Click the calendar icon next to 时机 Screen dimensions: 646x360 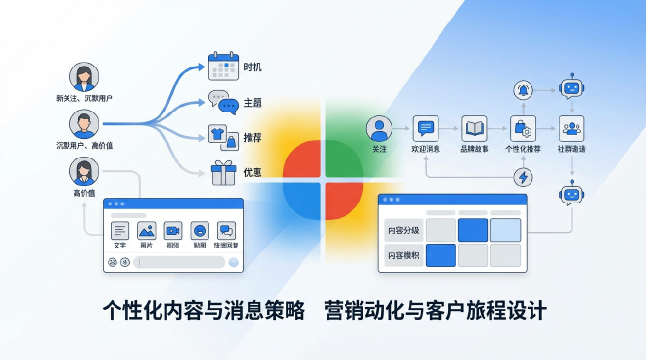(x=224, y=67)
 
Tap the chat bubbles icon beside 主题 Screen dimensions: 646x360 (x=224, y=103)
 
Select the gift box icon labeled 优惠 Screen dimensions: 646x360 (x=224, y=172)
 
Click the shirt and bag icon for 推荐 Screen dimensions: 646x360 (x=224, y=137)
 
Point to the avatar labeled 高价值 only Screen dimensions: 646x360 (x=83, y=172)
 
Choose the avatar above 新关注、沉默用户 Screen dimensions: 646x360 (x=84, y=77)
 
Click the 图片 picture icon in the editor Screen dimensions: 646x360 (x=147, y=231)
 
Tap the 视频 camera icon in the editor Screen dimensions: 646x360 (x=173, y=231)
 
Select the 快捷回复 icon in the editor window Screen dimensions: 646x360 (x=226, y=231)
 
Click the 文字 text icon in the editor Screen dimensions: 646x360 (x=120, y=231)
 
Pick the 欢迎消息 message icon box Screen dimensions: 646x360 (x=425, y=128)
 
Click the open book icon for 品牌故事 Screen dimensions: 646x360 (x=475, y=128)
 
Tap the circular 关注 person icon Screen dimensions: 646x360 (x=379, y=128)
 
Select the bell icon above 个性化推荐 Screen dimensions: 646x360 (x=523, y=91)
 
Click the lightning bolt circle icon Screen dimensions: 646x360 (x=523, y=177)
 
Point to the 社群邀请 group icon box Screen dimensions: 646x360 (x=571, y=128)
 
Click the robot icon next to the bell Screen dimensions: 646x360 (x=571, y=89)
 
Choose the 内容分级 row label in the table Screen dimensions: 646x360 (x=402, y=231)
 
